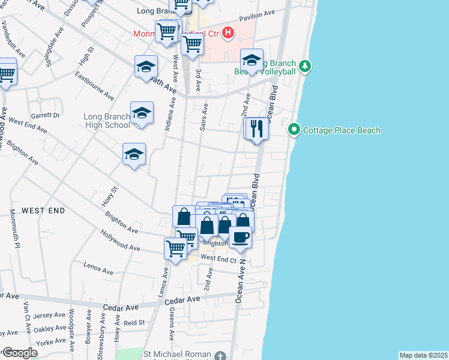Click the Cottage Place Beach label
(x=342, y=130)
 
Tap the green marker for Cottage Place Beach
(x=294, y=130)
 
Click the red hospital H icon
(x=228, y=32)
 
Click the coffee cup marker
(x=240, y=236)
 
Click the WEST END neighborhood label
(x=43, y=211)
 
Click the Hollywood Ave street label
(x=120, y=240)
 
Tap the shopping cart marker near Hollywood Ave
(x=176, y=248)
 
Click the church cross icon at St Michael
(x=220, y=355)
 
